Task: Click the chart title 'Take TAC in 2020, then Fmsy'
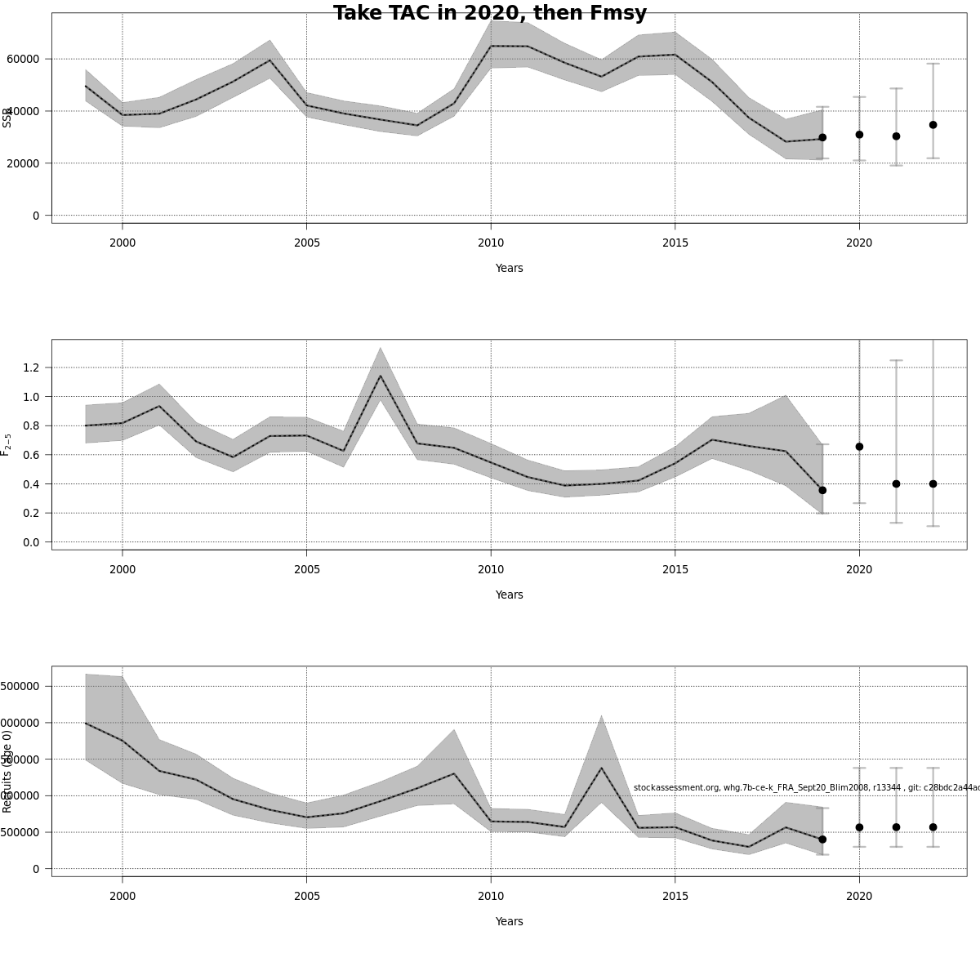pos(490,13)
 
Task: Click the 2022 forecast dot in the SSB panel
pos(933,125)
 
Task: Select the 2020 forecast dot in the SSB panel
pos(859,135)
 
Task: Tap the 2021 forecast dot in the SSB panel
pos(896,136)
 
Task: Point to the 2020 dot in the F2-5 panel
pos(859,447)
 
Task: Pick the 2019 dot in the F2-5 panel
pos(822,490)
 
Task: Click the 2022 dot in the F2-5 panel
pos(933,483)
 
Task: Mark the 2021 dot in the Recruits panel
pos(896,827)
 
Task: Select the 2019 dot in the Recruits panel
pos(822,840)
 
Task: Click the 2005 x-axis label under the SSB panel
pos(306,243)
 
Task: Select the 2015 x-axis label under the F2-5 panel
pos(675,569)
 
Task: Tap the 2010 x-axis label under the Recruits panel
pos(491,896)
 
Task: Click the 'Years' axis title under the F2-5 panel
pos(509,595)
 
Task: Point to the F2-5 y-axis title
pos(7,444)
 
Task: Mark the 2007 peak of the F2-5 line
pos(380,376)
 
